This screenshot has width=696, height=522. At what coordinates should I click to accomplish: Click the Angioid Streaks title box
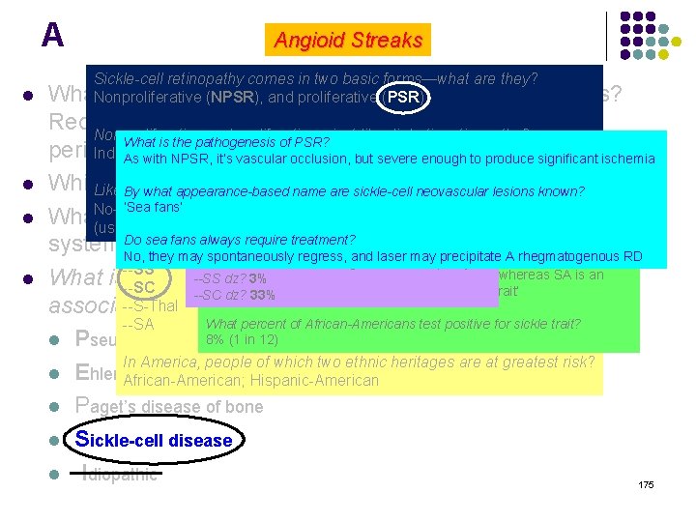349,40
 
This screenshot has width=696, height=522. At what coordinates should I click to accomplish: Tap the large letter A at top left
52,35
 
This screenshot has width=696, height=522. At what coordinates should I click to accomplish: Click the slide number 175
646,483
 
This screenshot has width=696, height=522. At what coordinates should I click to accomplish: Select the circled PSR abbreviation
403,97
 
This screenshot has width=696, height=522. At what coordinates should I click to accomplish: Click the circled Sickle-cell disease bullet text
155,440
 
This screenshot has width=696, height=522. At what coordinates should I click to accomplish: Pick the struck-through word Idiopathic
120,474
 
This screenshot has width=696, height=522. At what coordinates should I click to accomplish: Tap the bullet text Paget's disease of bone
169,406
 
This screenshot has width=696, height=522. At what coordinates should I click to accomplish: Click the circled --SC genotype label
144,288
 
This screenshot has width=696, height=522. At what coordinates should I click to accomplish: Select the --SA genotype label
139,324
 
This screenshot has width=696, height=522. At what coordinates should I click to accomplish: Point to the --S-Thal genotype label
151,306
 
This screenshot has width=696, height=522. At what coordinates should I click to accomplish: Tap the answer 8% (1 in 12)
242,339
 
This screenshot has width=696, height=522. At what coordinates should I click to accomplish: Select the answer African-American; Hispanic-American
251,380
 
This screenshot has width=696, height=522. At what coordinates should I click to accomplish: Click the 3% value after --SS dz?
257,279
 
